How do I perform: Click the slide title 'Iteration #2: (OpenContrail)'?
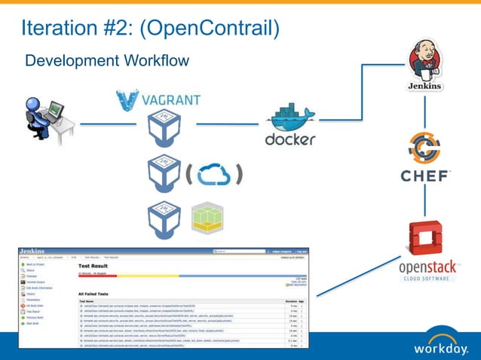(150, 29)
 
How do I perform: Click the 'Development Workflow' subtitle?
(106, 60)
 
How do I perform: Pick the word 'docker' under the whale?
(290, 139)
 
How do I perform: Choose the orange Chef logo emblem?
(424, 148)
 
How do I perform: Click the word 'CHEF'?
(424, 176)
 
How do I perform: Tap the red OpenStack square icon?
(424, 239)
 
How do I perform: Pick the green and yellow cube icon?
(206, 217)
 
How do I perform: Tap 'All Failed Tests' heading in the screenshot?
(99, 293)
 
